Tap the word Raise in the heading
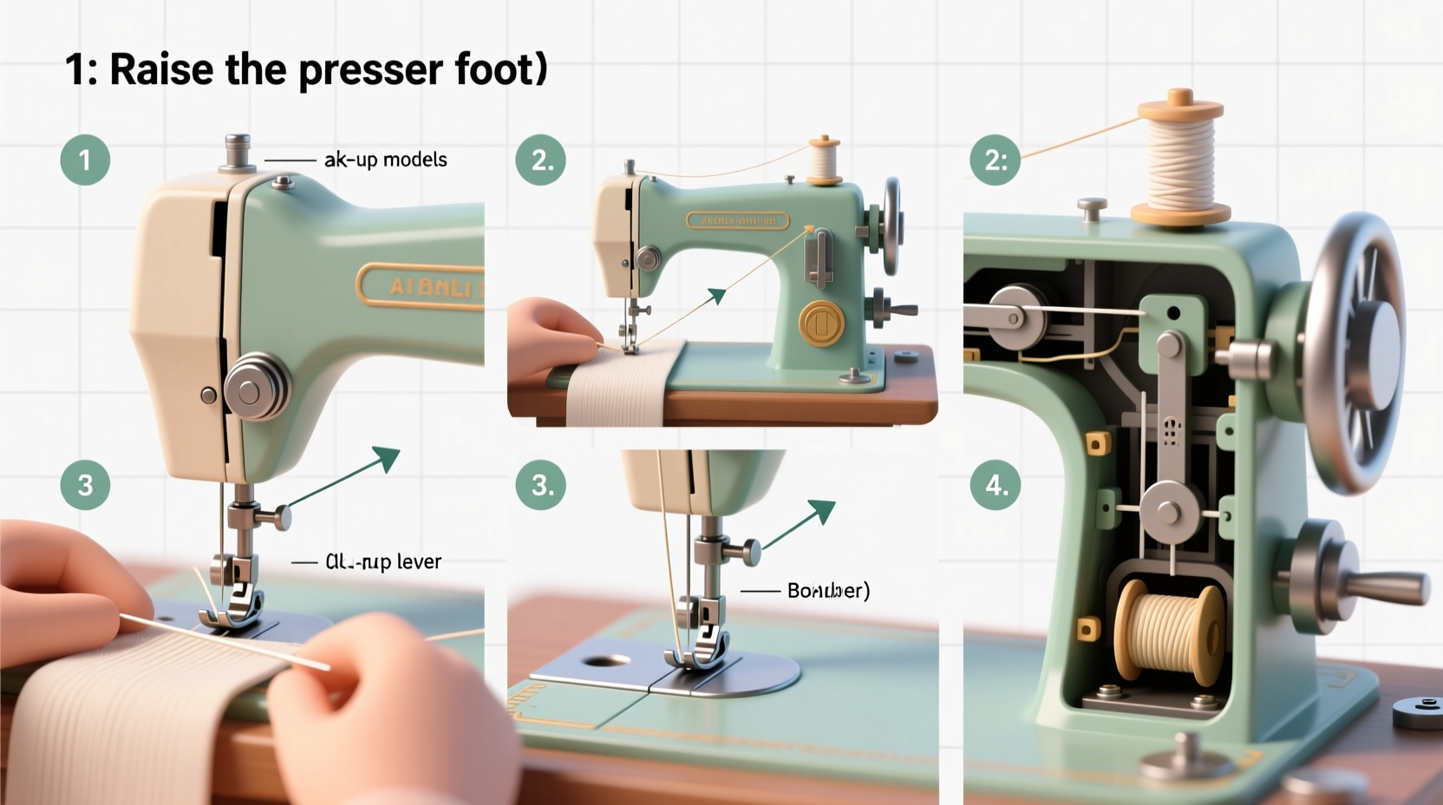(x=161, y=69)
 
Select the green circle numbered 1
(x=85, y=160)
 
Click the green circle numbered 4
(x=996, y=485)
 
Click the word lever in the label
(x=419, y=562)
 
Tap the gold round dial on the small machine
(x=820, y=324)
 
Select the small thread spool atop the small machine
(x=824, y=160)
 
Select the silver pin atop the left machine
(x=238, y=153)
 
